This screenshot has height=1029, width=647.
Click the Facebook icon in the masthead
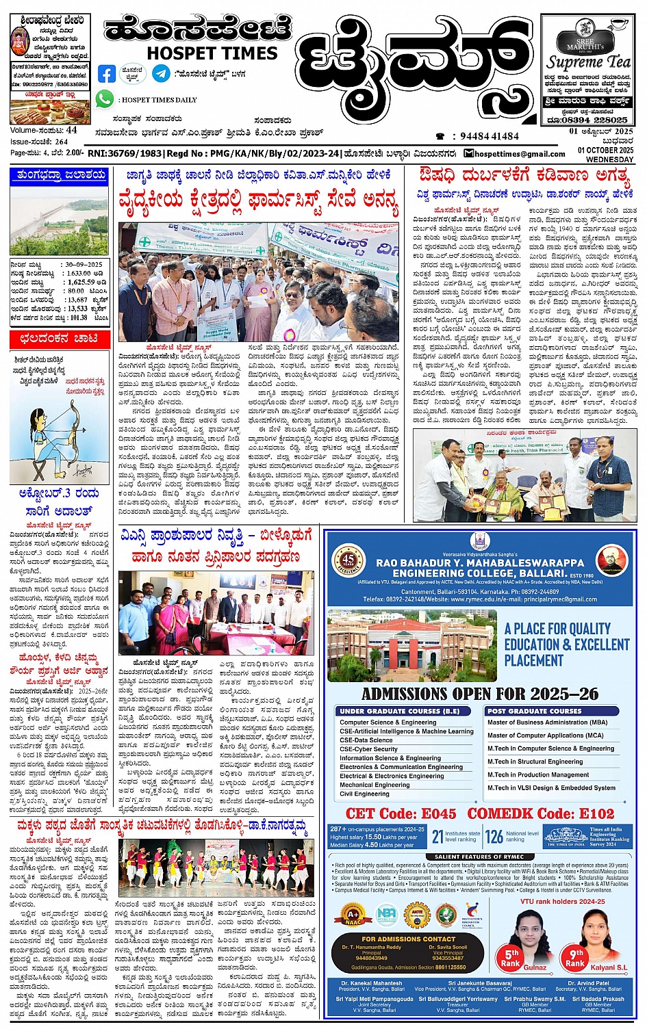pyautogui.click(x=107, y=73)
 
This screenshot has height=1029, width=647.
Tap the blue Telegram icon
pyautogui.click(x=161, y=73)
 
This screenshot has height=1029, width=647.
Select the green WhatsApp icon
pyautogui.click(x=105, y=99)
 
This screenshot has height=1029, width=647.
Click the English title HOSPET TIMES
pyautogui.click(x=212, y=53)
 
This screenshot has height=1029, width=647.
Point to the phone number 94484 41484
pyautogui.click(x=489, y=136)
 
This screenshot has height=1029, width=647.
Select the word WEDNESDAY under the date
pyautogui.click(x=611, y=159)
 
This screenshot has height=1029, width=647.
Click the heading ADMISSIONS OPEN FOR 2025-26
pyautogui.click(x=480, y=694)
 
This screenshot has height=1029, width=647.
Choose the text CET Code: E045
pyautogui.click(x=401, y=813)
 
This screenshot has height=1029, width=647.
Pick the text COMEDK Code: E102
pyautogui.click(x=541, y=813)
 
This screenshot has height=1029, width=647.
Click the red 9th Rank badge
pyautogui.click(x=576, y=957)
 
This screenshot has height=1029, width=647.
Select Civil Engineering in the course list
pyautogui.click(x=364, y=794)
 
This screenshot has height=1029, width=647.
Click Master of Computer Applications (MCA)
pyautogui.click(x=545, y=735)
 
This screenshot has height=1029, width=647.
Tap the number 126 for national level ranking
pyautogui.click(x=494, y=837)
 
